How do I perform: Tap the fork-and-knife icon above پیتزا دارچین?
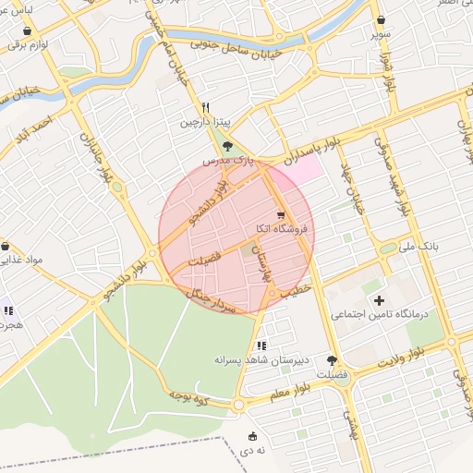pyautogui.click(x=207, y=107)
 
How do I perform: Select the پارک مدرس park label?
pyautogui.click(x=228, y=160)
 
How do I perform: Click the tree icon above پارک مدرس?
pyautogui.click(x=228, y=146)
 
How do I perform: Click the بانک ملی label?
pyautogui.click(x=418, y=248)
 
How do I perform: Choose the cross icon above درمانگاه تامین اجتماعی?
pyautogui.click(x=379, y=300)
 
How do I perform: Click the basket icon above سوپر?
pyautogui.click(x=380, y=19)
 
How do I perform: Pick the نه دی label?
pyautogui.click(x=253, y=450)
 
